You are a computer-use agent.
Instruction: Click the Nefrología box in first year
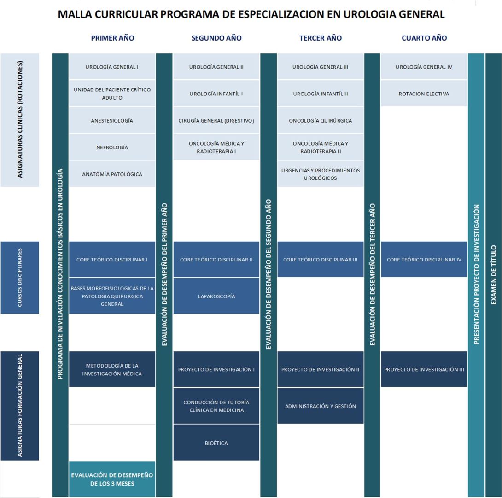click(112, 148)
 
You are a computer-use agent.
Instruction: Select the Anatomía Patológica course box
click(112, 174)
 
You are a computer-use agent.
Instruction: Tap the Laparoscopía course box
click(216, 296)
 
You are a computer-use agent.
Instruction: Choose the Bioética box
click(216, 443)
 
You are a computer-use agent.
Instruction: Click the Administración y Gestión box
click(320, 406)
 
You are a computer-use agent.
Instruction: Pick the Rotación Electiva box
click(424, 94)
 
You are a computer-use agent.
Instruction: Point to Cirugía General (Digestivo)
click(216, 121)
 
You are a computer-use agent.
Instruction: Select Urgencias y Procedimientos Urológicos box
click(320, 174)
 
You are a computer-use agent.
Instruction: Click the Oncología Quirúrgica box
click(320, 121)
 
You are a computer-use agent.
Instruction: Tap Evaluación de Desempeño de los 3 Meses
click(112, 479)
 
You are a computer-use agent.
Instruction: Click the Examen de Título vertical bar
click(493, 275)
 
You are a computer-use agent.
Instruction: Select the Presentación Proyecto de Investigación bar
click(476, 275)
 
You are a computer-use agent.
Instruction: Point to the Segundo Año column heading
click(216, 38)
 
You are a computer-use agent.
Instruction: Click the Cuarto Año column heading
click(424, 38)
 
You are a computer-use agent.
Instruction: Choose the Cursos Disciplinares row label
click(20, 278)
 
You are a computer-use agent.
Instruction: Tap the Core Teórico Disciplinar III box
click(320, 260)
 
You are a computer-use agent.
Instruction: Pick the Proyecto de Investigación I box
click(216, 369)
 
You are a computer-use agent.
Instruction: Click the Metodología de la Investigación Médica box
click(112, 369)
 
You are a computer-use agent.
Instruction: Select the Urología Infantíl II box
click(320, 94)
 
